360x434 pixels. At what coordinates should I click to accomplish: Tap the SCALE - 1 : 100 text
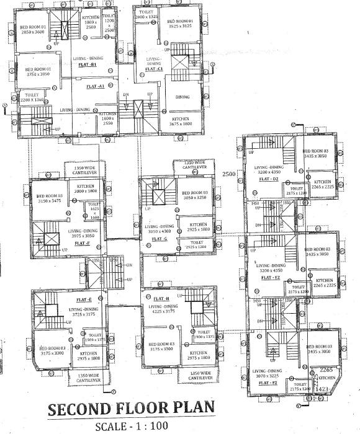(132, 427)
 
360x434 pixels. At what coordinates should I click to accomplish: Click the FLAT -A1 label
(96, 87)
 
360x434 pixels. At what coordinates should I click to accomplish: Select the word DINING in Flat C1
(182, 97)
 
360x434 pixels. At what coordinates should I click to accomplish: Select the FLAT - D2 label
(268, 179)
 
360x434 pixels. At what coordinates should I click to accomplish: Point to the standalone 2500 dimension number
(230, 174)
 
